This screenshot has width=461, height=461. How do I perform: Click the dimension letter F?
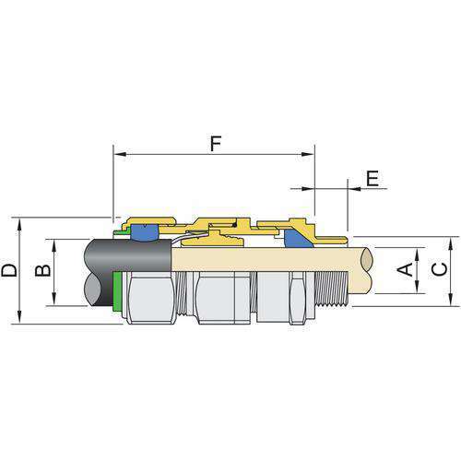[x=216, y=144]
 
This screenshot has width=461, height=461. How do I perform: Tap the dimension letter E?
[x=372, y=179]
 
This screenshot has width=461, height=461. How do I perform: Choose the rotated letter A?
[x=405, y=269]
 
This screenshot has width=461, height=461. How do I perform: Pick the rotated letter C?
[x=440, y=269]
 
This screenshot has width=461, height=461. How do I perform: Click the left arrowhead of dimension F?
[x=120, y=154]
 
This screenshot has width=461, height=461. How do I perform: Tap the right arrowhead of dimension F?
[x=308, y=154]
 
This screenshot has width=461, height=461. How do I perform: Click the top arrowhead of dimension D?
[x=19, y=225]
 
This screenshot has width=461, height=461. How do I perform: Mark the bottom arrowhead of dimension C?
[x=450, y=300]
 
